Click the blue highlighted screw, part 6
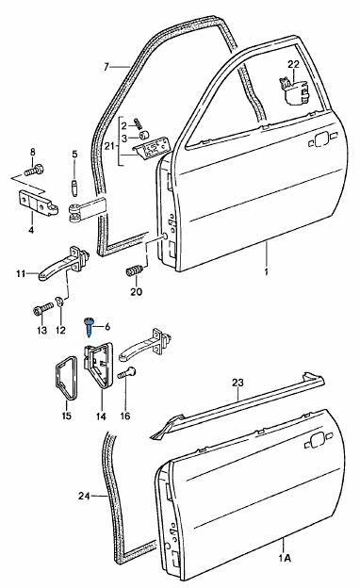coord(89,326)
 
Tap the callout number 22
coord(294,64)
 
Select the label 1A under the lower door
coord(285,558)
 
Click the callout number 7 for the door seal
coord(106,67)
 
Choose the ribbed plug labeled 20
coord(134,270)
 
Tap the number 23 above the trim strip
coord(237,383)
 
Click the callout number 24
coord(84,496)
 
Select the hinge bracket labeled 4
coord(39,203)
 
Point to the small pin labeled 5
coord(74,187)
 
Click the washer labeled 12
coord(59,301)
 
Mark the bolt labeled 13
coord(42,310)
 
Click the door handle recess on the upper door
coord(321,140)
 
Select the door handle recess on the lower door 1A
coord(318,440)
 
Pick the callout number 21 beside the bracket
coord(109,147)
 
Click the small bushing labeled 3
coord(143,136)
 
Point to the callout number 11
coord(21,273)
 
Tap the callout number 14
coord(101,416)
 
